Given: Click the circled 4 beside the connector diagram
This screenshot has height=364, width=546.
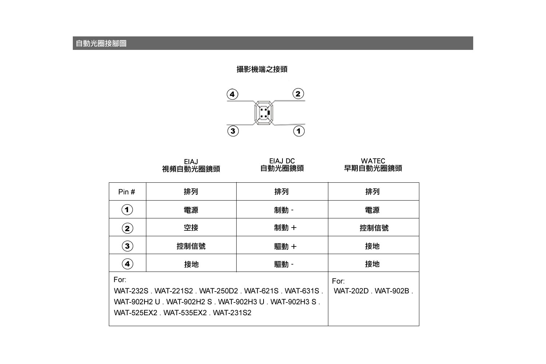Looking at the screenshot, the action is pyautogui.click(x=232, y=94).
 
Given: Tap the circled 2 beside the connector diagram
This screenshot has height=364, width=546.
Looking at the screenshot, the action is pyautogui.click(x=298, y=94).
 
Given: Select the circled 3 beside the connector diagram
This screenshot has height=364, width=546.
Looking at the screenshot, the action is pyautogui.click(x=233, y=131).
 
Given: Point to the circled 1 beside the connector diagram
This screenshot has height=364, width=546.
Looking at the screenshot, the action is pyautogui.click(x=299, y=131).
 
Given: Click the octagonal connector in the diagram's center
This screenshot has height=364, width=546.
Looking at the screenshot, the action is pyautogui.click(x=264, y=113).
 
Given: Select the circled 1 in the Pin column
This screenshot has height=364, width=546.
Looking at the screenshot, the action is pyautogui.click(x=127, y=210).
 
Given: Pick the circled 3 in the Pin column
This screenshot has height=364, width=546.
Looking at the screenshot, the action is pyautogui.click(x=127, y=246).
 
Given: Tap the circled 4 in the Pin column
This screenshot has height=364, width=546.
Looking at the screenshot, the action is pyautogui.click(x=127, y=264).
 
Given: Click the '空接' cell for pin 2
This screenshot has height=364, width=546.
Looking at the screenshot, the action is pyautogui.click(x=191, y=228).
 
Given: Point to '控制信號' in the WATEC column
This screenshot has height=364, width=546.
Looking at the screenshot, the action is pyautogui.click(x=374, y=228).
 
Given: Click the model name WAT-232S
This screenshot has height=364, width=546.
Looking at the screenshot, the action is pyautogui.click(x=131, y=291).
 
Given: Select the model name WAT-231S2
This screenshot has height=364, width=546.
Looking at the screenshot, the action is pyautogui.click(x=232, y=313).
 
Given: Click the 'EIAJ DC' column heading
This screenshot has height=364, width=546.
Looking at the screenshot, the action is pyautogui.click(x=282, y=161).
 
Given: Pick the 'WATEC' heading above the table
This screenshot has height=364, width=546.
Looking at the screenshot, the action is pyautogui.click(x=373, y=161).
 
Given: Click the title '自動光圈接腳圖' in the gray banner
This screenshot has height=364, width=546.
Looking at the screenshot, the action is pyautogui.click(x=101, y=43).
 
